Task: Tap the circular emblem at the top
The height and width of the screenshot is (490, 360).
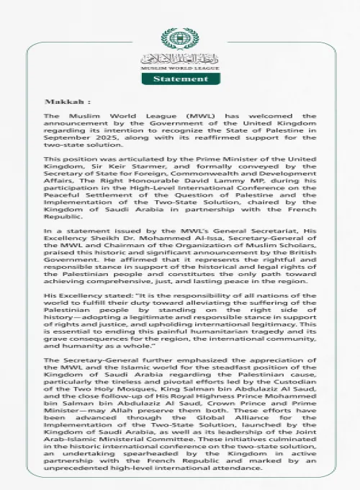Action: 179,38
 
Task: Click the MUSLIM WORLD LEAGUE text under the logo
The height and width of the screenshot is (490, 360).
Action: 179,66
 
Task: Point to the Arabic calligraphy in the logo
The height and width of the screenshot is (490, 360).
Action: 179,57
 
